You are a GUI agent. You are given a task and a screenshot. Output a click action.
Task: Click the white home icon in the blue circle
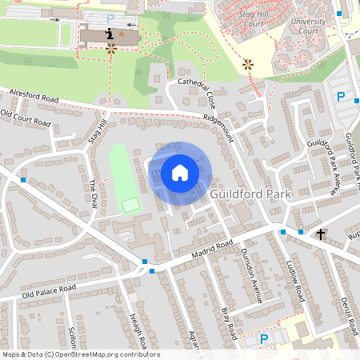180,172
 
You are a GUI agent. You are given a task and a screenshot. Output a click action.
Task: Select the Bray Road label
229,317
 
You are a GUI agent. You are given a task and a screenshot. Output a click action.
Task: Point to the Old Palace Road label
48,290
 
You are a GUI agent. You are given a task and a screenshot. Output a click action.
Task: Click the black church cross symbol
321,234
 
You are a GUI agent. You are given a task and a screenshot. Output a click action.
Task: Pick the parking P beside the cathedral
110,18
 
